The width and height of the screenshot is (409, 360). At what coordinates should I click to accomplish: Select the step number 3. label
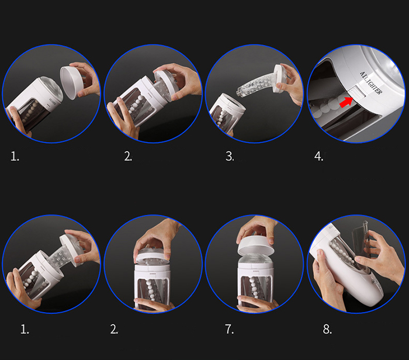coord(230,157)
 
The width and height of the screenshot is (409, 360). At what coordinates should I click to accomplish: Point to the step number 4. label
coord(318,157)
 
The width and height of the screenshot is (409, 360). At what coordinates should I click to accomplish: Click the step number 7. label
coord(230,329)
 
